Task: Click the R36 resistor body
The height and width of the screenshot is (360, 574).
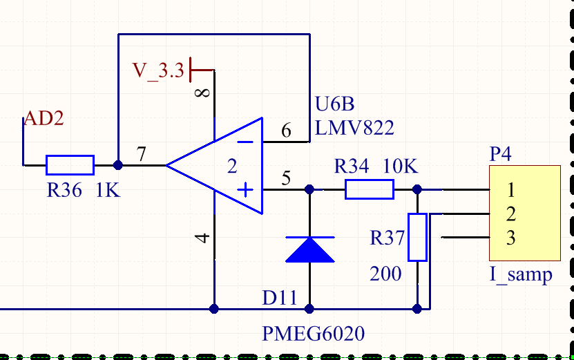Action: point(70,165)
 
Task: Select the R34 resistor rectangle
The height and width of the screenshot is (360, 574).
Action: point(370,189)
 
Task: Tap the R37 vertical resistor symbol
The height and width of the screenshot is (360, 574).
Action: point(417,237)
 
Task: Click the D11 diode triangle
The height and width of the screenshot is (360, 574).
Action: point(309,249)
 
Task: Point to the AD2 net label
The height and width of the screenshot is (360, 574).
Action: point(44,118)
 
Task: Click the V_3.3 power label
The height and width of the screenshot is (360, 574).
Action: point(158,70)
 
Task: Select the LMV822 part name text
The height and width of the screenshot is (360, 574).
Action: point(354,128)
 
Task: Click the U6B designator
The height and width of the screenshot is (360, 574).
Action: point(334,104)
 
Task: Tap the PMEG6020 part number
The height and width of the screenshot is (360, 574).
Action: point(314,334)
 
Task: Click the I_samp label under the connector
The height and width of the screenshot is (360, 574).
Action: point(521,275)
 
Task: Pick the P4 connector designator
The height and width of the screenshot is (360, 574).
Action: point(500,154)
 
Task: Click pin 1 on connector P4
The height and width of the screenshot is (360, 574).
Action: point(511,190)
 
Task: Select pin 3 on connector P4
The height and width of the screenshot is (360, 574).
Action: point(511,238)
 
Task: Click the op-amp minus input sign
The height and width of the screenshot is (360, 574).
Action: point(245,142)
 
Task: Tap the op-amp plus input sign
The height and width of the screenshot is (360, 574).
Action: point(245,190)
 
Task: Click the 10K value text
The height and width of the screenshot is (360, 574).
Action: point(400,167)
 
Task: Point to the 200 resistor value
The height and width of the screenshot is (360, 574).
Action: point(385,274)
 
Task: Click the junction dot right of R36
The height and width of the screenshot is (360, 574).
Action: point(118,165)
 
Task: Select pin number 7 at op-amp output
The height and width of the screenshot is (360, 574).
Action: point(142,154)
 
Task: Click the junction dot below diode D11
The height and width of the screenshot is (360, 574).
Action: point(309,309)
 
